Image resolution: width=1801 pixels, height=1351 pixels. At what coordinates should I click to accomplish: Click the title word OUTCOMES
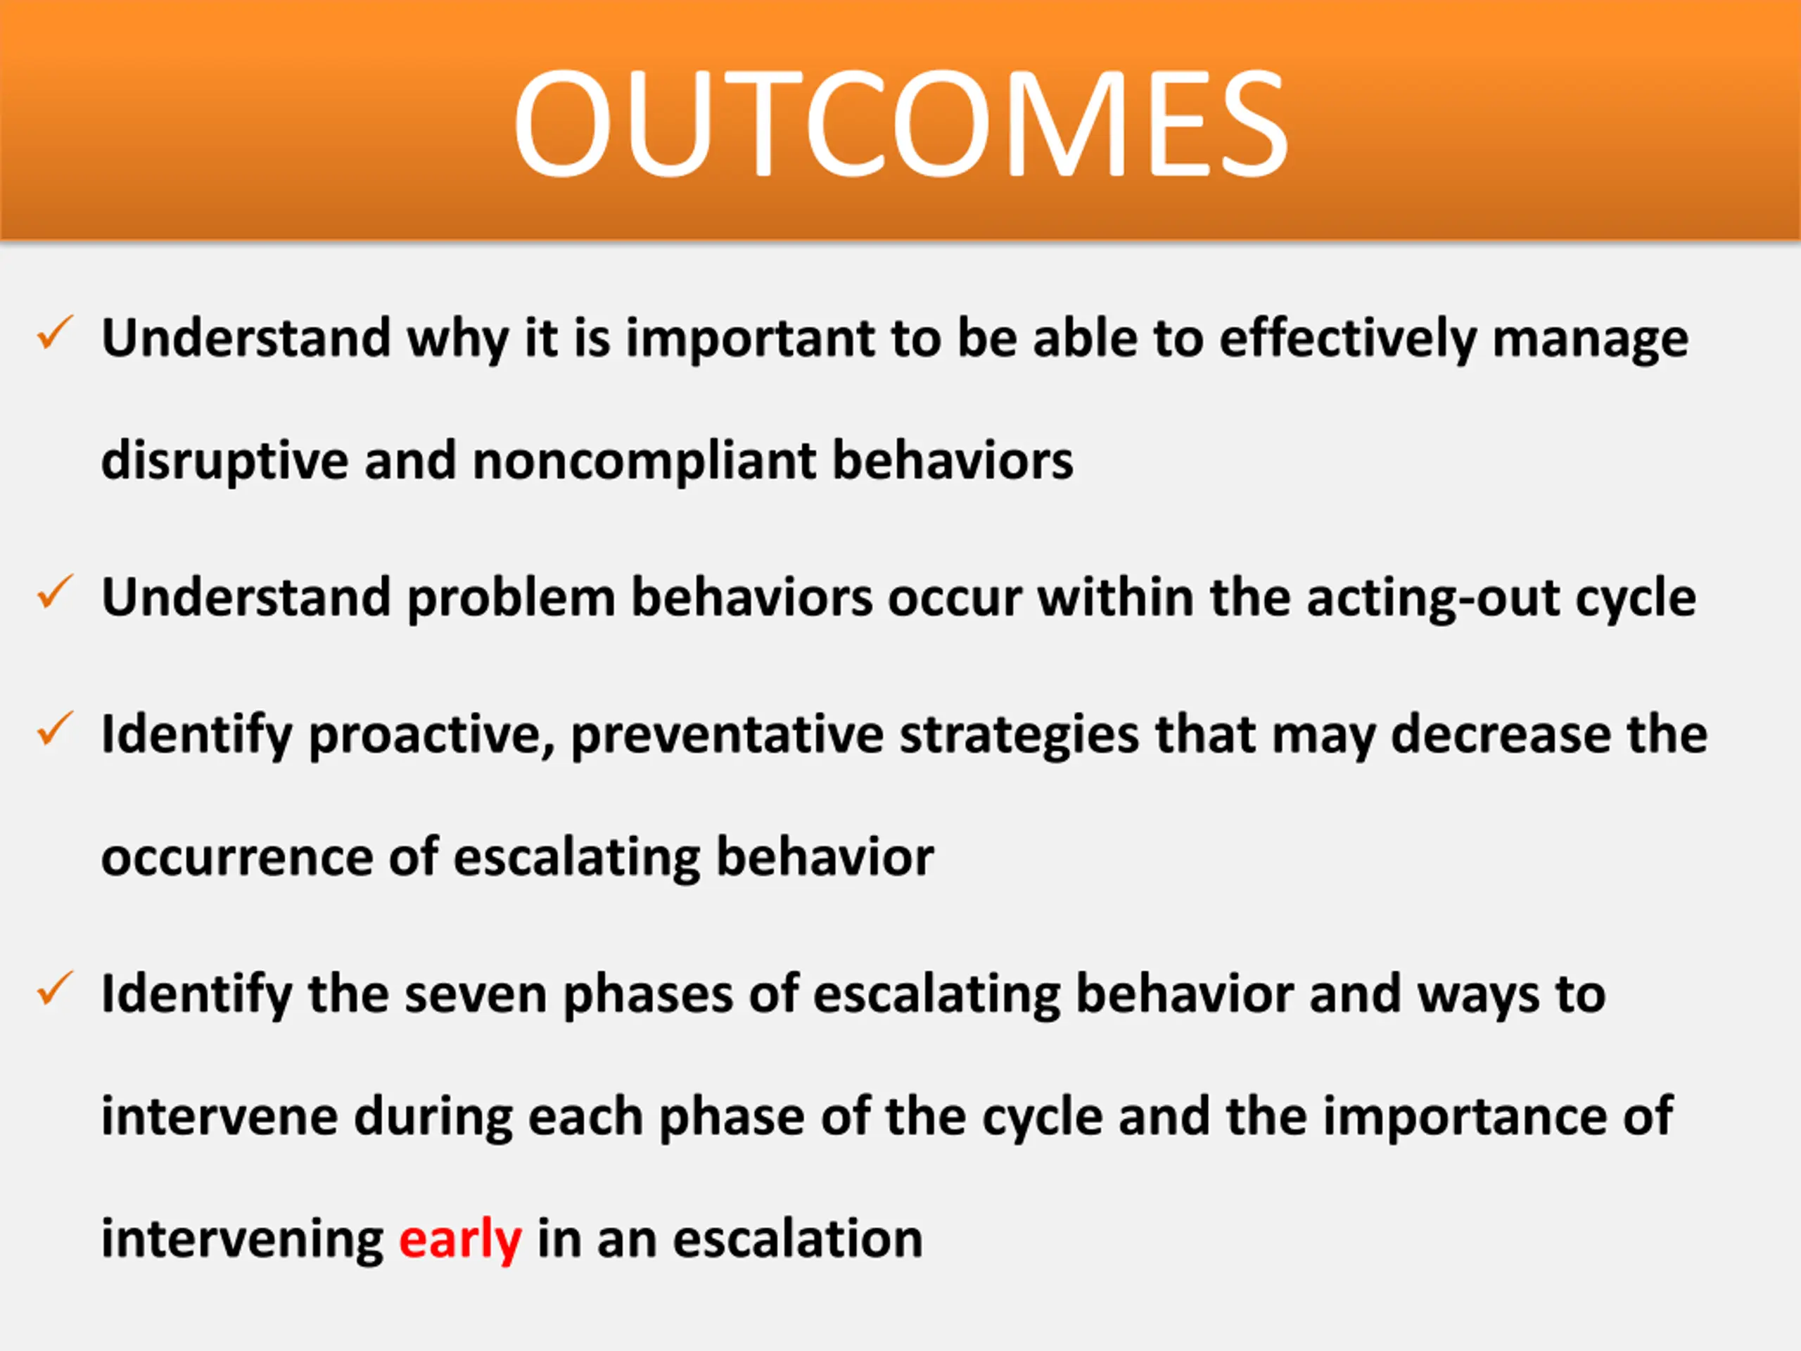point(900,123)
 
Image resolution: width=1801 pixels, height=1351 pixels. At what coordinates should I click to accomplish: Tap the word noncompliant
point(644,462)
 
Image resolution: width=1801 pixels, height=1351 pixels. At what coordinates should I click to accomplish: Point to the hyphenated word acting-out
point(1432,599)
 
